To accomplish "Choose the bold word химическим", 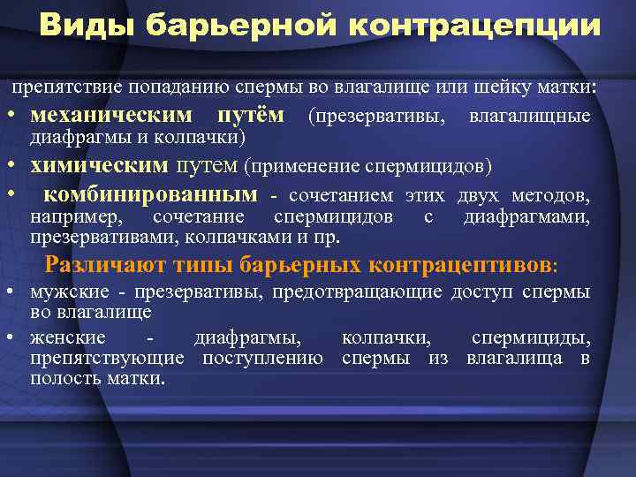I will click(x=99, y=165).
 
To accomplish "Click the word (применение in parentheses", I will click(x=299, y=166).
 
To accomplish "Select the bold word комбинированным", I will click(x=151, y=194).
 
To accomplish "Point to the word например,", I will click(x=77, y=216).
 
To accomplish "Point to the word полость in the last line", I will click(x=57, y=378).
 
